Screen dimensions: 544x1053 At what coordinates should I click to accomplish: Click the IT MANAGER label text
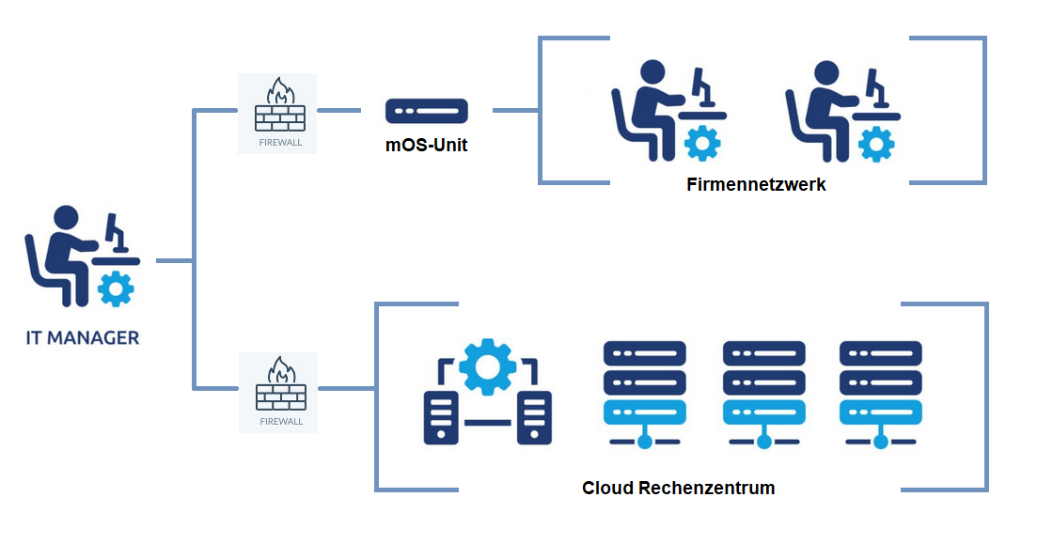(x=83, y=337)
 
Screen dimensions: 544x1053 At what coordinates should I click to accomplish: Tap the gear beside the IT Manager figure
(x=116, y=288)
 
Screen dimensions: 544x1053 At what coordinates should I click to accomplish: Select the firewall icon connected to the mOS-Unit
(x=278, y=112)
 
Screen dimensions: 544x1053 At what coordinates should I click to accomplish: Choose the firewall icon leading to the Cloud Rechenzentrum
(x=278, y=391)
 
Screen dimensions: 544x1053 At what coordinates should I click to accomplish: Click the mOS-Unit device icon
(x=426, y=111)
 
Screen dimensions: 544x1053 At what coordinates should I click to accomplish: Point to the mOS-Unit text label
(x=426, y=146)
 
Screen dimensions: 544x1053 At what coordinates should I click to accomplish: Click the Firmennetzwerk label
(x=756, y=184)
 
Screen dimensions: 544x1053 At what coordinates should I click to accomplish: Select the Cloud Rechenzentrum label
(x=678, y=488)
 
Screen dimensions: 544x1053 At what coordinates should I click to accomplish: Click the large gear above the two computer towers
(x=488, y=365)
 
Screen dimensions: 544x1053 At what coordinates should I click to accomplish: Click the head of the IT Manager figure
(x=66, y=217)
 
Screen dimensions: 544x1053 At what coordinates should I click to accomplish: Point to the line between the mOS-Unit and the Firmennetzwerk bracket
(x=515, y=111)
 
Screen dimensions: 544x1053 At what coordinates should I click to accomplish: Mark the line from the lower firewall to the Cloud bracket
(x=347, y=387)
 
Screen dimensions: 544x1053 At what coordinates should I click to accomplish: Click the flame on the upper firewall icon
(x=279, y=91)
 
